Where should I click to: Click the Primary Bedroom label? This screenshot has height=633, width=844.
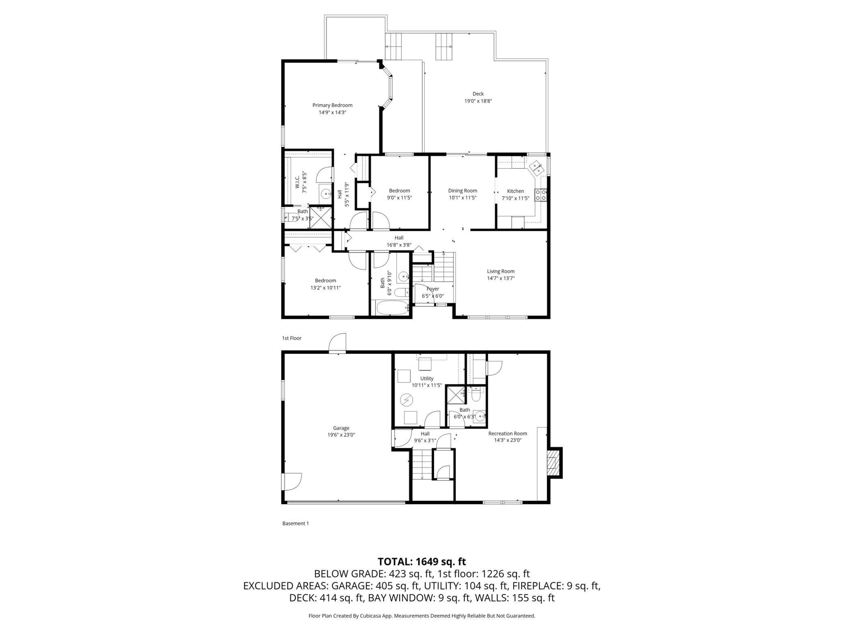click(x=332, y=105)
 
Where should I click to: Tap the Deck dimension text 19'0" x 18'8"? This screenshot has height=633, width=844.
click(x=478, y=101)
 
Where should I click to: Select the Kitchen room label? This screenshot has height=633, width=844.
click(x=515, y=191)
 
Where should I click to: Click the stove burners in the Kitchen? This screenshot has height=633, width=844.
click(x=541, y=195)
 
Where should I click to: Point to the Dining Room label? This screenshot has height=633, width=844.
click(x=463, y=191)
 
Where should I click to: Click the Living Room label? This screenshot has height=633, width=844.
click(x=501, y=271)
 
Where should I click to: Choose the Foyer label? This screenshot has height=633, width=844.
click(x=433, y=289)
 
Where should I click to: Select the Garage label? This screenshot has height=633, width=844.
click(x=341, y=428)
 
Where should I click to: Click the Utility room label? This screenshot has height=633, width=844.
click(x=427, y=379)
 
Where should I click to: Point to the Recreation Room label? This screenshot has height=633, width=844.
click(x=508, y=433)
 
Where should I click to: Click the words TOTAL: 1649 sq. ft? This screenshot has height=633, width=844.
click(x=422, y=562)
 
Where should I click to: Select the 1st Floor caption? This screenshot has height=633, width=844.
click(x=292, y=338)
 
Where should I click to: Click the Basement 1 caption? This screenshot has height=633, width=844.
click(x=295, y=523)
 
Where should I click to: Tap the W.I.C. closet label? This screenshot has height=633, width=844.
click(x=297, y=181)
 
